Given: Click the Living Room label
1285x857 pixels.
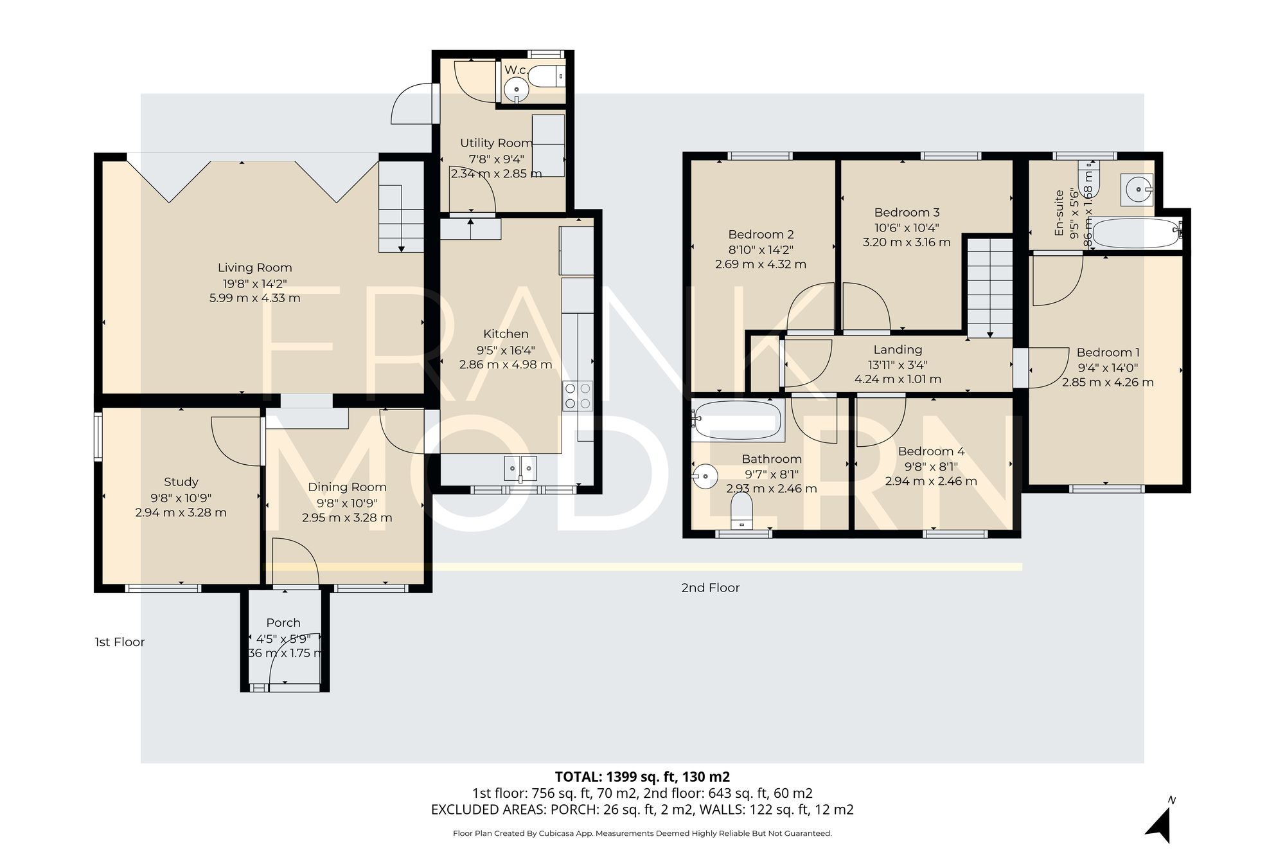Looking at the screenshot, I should (x=254, y=267).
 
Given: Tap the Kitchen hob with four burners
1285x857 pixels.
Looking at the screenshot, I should (x=578, y=396).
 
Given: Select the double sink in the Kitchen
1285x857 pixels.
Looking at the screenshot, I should (x=520, y=468).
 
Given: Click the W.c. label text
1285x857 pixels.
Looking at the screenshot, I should (x=516, y=69).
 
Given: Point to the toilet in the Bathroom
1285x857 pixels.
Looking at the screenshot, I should (x=742, y=514).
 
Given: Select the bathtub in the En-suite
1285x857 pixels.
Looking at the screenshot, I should (x=1136, y=233).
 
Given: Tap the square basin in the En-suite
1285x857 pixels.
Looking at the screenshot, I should (x=1137, y=189).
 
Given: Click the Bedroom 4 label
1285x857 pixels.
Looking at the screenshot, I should (x=931, y=451).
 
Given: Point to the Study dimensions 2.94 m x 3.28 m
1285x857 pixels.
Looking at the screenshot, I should (x=181, y=512).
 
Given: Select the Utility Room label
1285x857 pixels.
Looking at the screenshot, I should (x=496, y=143).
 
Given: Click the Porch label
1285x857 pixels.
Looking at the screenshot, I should (x=283, y=622).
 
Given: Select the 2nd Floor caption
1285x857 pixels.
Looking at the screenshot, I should (x=710, y=588).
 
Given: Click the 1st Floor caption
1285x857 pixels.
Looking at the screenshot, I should (x=120, y=642).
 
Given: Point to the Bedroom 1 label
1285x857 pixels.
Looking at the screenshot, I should (x=1108, y=352).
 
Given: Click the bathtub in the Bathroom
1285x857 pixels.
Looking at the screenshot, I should (x=737, y=420).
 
